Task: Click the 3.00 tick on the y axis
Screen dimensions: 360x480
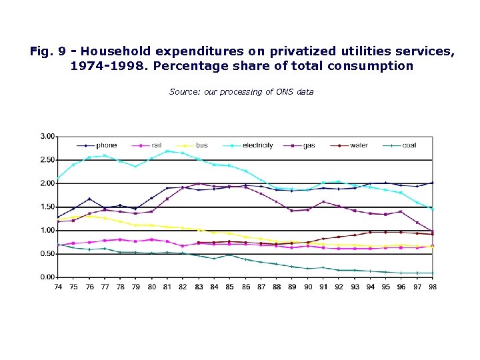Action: pos(47,136)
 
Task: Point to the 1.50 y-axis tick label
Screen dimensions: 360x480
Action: pos(47,207)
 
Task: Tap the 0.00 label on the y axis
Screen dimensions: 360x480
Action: pos(47,277)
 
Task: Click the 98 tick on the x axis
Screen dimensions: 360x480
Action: pos(432,287)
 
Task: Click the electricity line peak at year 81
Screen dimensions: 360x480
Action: pos(167,151)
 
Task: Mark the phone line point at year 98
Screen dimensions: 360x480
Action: pos(432,183)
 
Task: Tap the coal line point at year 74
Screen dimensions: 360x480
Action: pos(58,244)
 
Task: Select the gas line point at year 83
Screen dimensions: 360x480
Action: pos(198,183)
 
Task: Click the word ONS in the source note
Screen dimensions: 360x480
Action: pos(285,92)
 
